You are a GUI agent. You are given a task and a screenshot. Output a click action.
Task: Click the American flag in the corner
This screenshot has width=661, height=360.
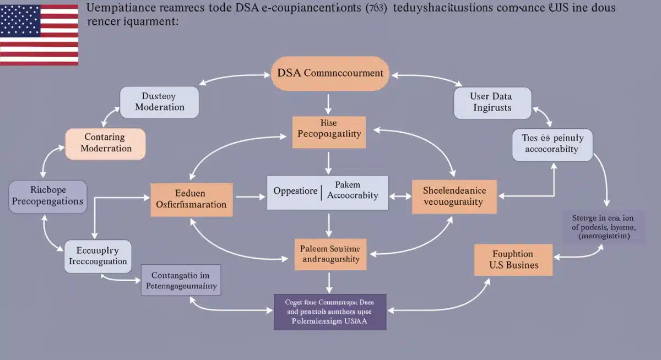(x=39, y=35)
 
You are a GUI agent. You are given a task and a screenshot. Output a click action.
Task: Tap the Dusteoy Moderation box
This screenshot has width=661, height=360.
(x=159, y=101)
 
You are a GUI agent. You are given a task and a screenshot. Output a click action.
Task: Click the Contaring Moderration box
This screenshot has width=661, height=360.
(x=106, y=143)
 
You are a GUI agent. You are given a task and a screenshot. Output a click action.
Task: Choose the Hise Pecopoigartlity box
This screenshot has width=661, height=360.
(x=329, y=132)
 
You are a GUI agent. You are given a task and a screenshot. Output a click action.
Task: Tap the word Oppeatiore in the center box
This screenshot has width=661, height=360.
(x=295, y=192)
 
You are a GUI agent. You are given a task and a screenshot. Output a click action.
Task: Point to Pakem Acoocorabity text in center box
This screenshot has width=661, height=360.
(x=353, y=192)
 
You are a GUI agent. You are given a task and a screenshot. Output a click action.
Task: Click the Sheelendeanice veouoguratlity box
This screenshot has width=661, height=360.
(x=454, y=196)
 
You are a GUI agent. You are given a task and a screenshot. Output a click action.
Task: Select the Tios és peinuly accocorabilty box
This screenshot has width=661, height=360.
(x=552, y=144)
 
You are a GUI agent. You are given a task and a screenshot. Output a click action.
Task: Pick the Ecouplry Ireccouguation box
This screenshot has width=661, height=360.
(x=98, y=256)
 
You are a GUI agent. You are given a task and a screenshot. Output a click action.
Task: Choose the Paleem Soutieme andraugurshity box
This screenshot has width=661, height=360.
(x=329, y=254)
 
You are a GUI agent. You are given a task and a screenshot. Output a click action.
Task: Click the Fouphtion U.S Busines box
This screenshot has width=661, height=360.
(x=513, y=259)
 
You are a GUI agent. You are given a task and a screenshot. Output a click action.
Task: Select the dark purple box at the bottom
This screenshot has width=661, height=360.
(x=330, y=312)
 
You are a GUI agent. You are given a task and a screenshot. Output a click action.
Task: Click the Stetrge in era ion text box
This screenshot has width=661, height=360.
(x=603, y=226)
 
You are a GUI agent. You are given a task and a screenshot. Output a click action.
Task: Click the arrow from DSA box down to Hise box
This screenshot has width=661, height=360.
(x=329, y=103)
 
